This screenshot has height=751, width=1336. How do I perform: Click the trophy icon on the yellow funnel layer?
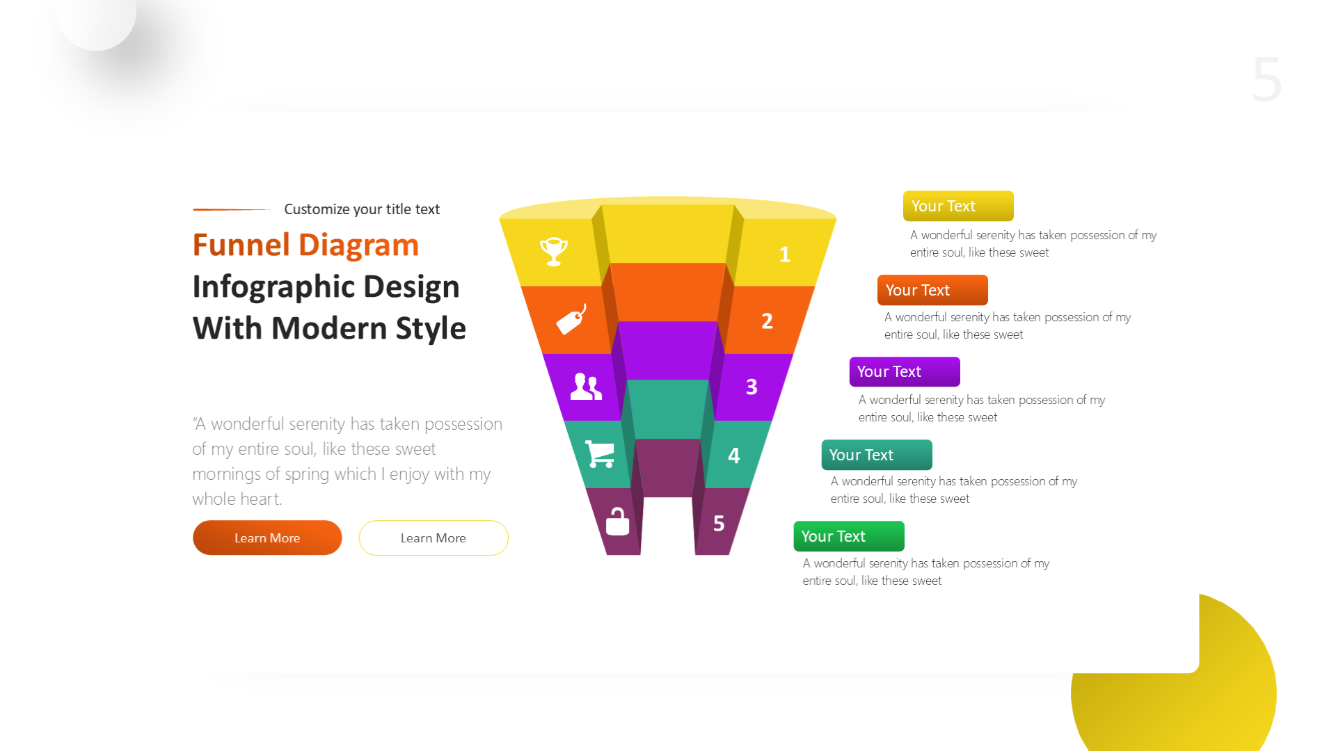coord(554,251)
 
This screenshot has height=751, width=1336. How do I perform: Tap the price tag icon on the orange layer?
coord(571,320)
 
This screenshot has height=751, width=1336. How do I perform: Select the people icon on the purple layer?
coord(586,387)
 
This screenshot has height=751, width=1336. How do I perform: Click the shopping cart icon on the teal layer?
coord(600,454)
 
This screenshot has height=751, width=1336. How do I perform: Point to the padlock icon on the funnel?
coord(617,521)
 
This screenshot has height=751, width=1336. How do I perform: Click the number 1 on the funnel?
coord(785,255)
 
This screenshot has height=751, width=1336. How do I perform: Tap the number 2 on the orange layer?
coord(767,321)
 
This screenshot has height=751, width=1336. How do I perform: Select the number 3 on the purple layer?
coord(751,387)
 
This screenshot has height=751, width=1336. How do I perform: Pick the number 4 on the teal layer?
coord(734,455)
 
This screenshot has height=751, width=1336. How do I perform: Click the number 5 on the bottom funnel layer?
coord(719,524)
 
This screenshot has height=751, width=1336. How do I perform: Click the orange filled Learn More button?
coord(267,538)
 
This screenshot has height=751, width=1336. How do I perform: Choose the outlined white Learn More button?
coord(434,538)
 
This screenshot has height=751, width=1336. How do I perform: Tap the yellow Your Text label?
coord(958,206)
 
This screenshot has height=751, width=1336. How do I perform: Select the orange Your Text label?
coord(932,290)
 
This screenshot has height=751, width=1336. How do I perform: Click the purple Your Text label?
coord(905,371)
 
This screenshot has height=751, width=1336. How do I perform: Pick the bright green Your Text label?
coord(849,536)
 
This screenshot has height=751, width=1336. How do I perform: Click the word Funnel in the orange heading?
coord(241,245)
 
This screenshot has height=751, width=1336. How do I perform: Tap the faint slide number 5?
coord(1266,80)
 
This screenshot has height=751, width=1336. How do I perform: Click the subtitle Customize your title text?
coord(362,209)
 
